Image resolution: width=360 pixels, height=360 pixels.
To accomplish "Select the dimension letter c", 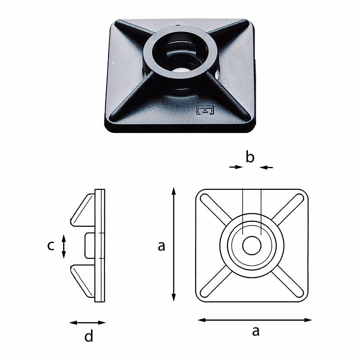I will (51, 246).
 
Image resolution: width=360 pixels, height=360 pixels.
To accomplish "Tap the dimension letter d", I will (89, 336).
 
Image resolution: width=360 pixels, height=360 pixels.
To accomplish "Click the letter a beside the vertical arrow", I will (162, 246).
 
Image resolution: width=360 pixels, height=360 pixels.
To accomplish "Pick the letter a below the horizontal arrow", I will (256, 332).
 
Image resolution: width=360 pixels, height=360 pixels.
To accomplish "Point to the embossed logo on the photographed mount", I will (206, 110).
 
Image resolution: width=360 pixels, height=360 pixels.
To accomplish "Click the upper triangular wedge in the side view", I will (84, 210).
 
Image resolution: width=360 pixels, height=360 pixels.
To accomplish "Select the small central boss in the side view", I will (89, 246).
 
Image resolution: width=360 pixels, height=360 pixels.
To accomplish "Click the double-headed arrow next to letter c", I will (64, 246).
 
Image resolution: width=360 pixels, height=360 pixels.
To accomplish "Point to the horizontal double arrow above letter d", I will (87, 322).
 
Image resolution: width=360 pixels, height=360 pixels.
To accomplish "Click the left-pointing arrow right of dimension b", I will (266, 167).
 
